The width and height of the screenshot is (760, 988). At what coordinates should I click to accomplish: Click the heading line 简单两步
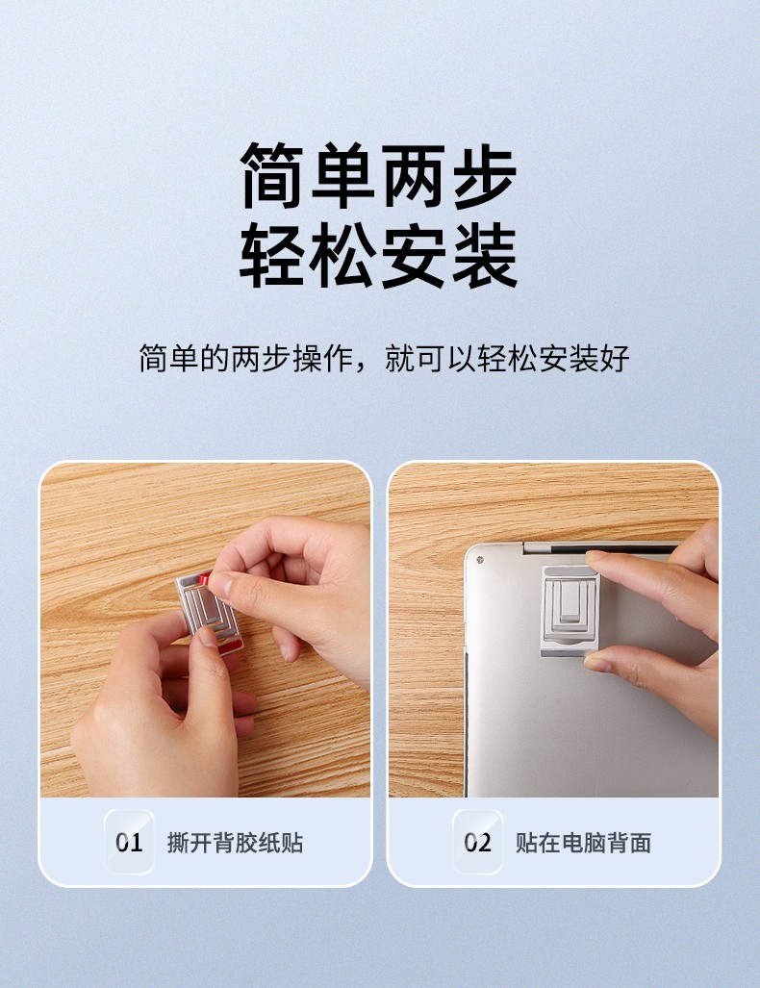[x=379, y=176]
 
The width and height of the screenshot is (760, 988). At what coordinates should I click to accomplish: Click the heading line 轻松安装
[x=379, y=255]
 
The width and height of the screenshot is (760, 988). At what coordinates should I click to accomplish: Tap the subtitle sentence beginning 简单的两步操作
[x=385, y=359]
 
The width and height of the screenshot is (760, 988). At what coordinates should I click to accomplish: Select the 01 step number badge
[x=129, y=842]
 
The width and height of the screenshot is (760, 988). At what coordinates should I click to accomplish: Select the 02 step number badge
[x=478, y=842]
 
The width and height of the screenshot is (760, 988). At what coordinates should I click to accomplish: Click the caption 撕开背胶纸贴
[x=235, y=843]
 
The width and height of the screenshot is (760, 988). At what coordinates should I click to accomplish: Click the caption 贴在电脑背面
[x=584, y=843]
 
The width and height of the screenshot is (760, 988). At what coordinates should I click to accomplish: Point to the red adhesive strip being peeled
[x=206, y=578]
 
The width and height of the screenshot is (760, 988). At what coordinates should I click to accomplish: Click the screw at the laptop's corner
[x=479, y=560]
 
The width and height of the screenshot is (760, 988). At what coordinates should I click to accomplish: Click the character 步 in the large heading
[x=483, y=176]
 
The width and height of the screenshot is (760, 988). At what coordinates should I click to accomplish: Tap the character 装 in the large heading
[x=483, y=255]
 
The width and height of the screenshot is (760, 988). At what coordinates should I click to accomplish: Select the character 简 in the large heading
[x=273, y=176]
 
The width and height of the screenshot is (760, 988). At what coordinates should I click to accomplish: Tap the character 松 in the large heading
[x=343, y=255]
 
